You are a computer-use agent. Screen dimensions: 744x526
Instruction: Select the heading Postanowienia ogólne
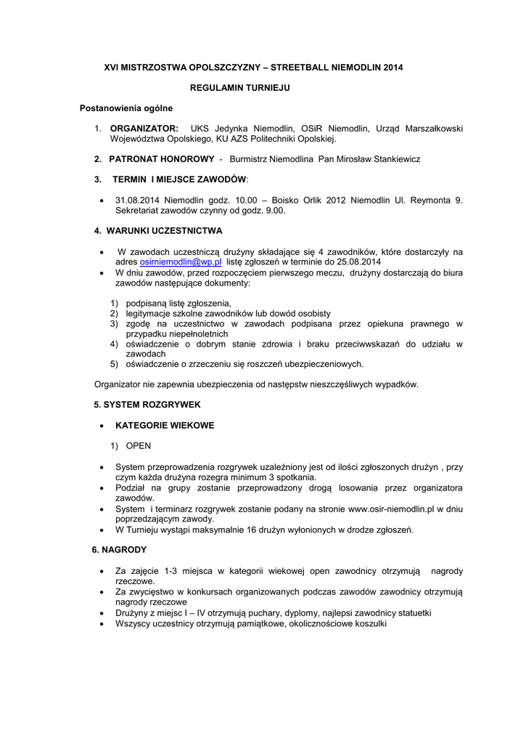pyautogui.click(x=126, y=108)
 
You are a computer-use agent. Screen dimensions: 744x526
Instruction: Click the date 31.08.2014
pyautogui.click(x=139, y=201)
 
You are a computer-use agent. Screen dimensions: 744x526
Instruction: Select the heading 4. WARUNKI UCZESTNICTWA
pyautogui.click(x=157, y=231)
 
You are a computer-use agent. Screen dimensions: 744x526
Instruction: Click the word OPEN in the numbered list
pyautogui.click(x=139, y=445)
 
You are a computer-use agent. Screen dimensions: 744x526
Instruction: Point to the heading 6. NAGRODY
pyautogui.click(x=120, y=550)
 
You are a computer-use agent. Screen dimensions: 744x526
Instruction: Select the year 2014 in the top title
pyautogui.click(x=391, y=68)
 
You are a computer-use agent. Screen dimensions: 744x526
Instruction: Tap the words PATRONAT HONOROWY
pyautogui.click(x=161, y=159)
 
